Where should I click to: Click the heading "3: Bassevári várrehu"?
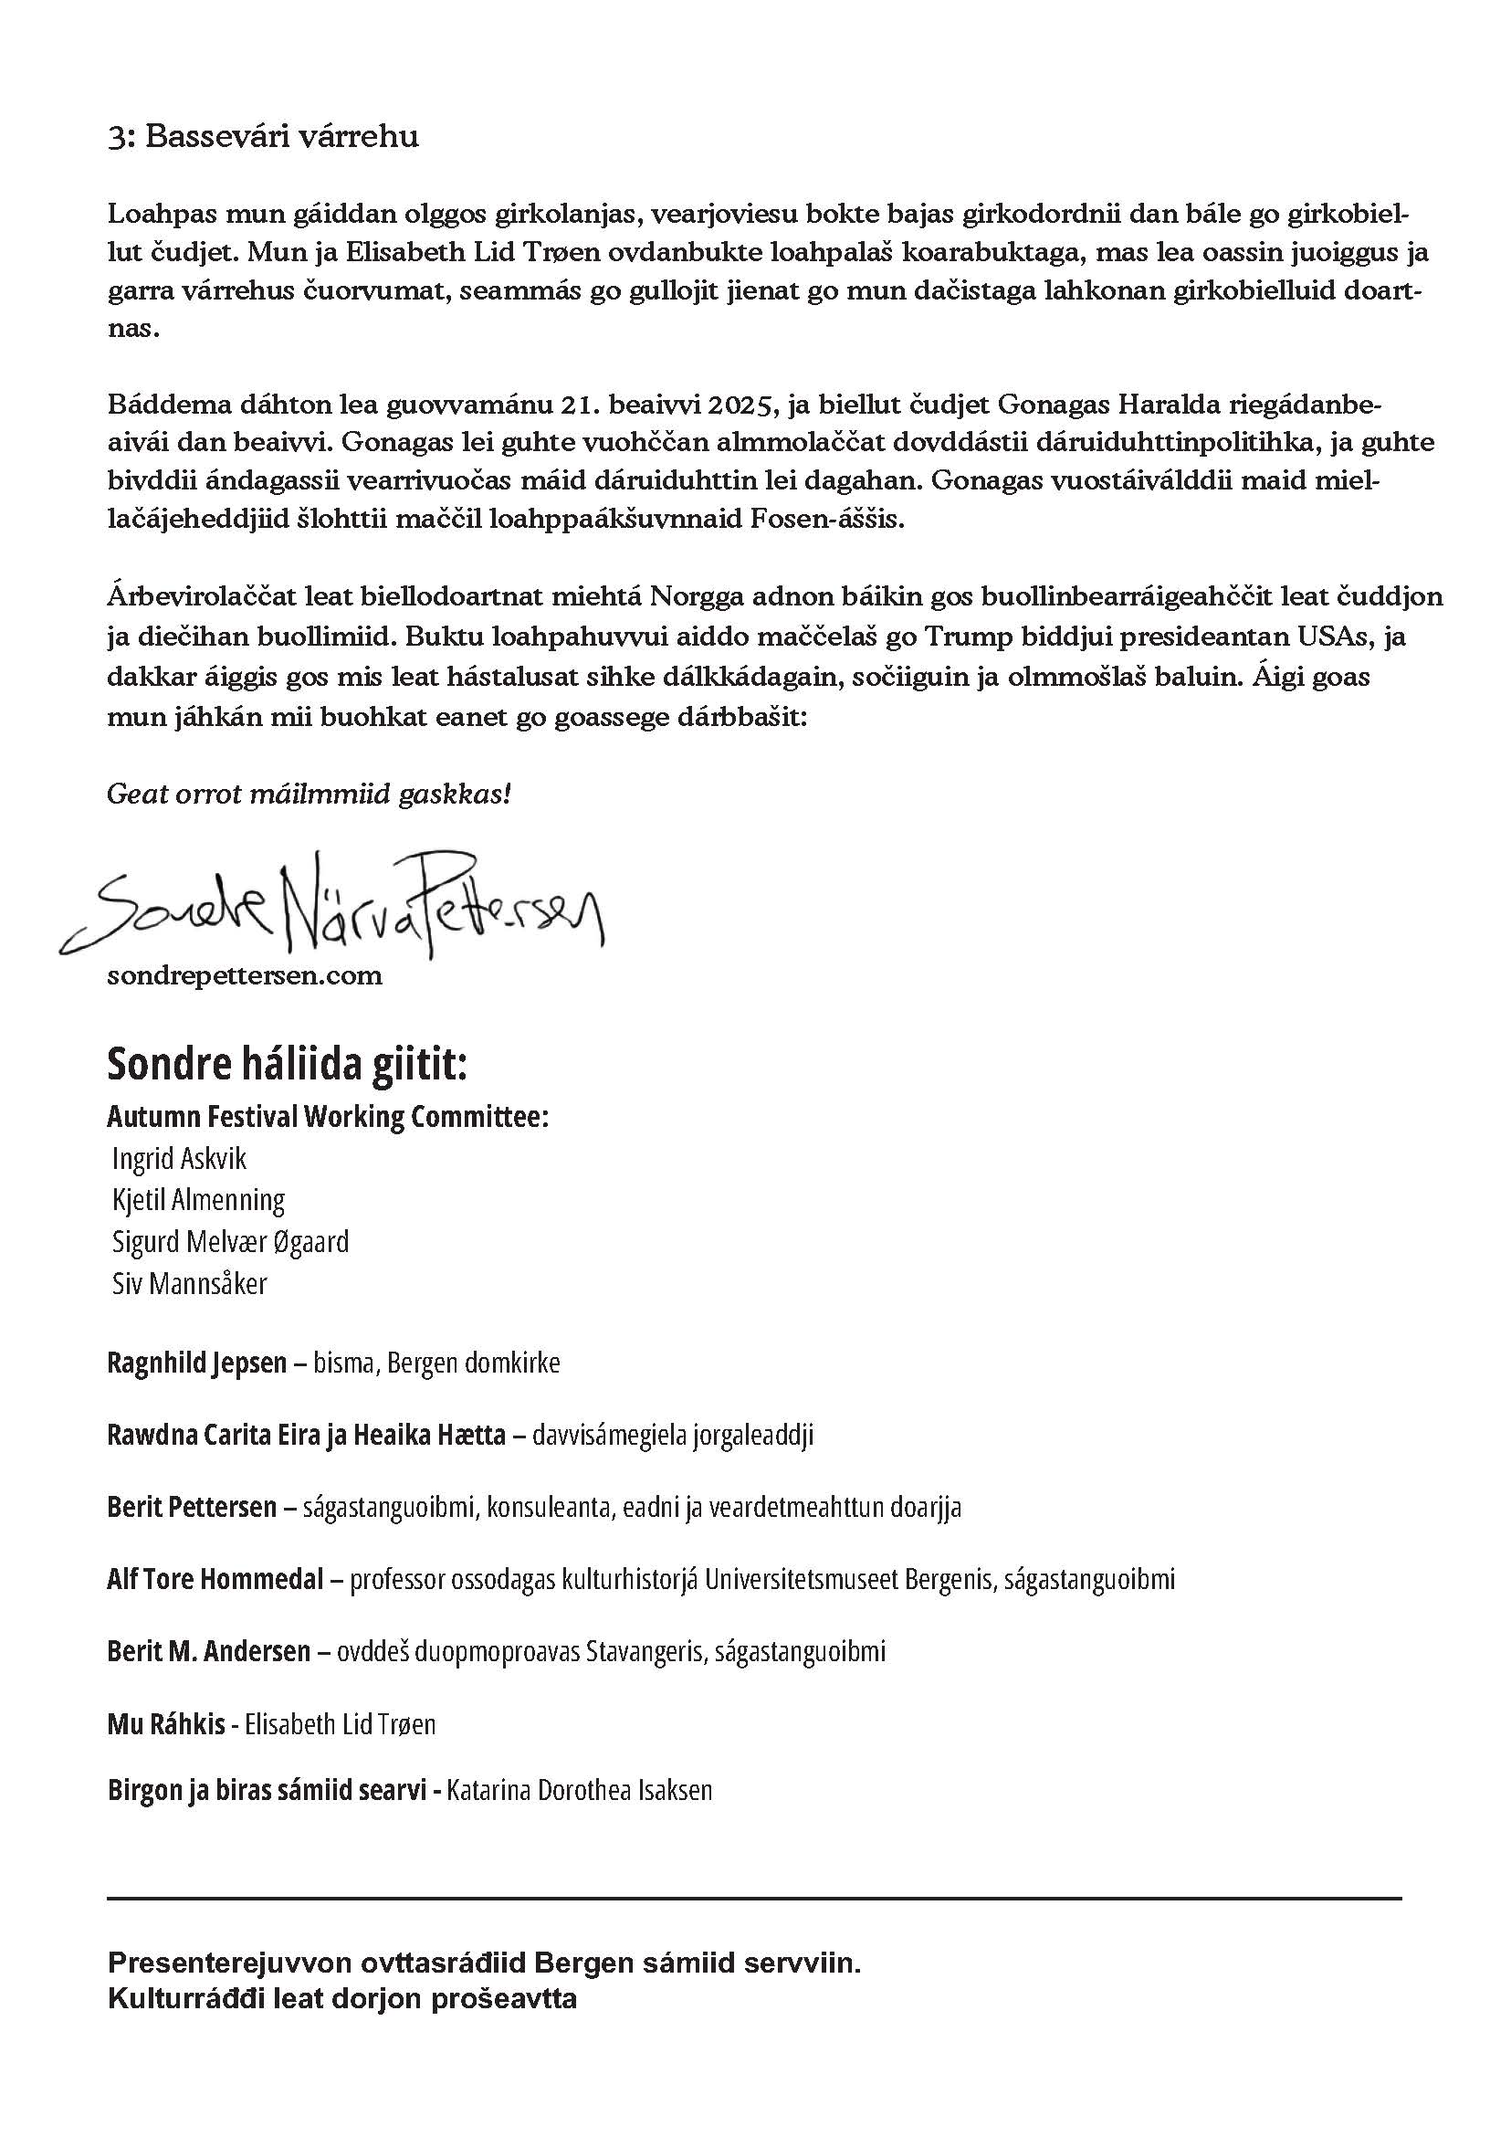(x=263, y=137)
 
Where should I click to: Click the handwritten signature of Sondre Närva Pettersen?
(x=331, y=902)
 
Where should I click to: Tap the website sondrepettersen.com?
(x=245, y=975)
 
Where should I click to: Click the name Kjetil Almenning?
(x=198, y=1200)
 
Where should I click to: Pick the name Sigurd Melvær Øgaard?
(x=231, y=1242)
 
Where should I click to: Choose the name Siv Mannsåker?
(x=190, y=1283)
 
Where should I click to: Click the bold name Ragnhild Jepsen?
(x=197, y=1363)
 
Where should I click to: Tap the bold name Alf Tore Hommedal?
(x=215, y=1580)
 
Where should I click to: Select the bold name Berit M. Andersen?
(x=209, y=1652)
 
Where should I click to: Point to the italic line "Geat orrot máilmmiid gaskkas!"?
(x=309, y=794)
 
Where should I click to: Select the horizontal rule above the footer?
(x=754, y=1898)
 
